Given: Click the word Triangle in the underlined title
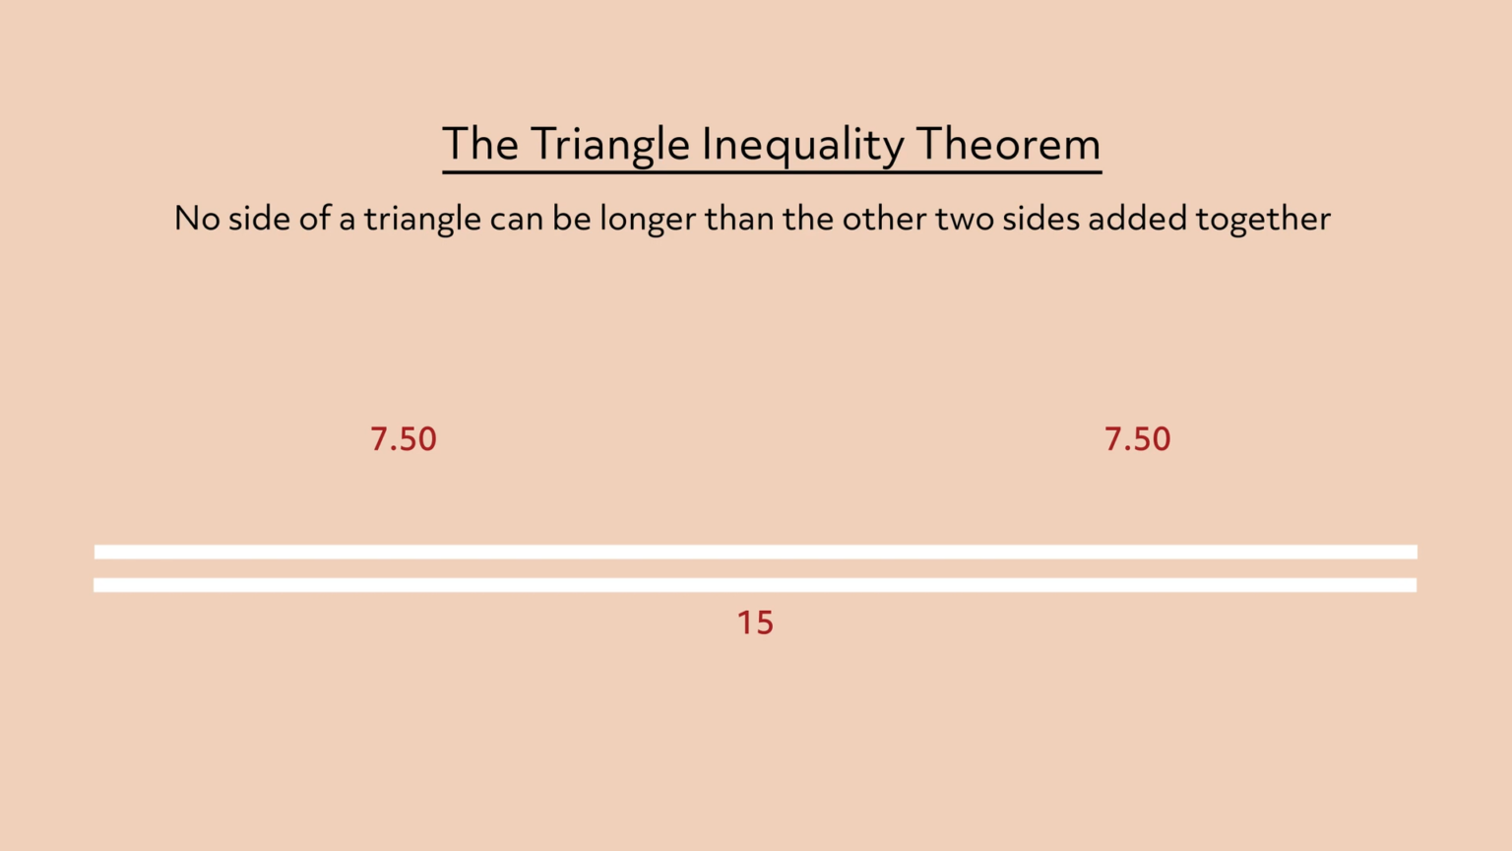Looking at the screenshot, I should tap(610, 145).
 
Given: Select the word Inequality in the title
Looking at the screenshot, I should tap(802, 145).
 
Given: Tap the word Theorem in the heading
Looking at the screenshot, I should tap(1008, 144).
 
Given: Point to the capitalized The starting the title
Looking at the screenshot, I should tap(479, 144).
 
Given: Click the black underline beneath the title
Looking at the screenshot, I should tap(772, 172).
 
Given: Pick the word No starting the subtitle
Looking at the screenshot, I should tap(196, 218).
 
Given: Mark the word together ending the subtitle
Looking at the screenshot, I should tap(1263, 219).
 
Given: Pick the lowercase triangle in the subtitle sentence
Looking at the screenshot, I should tap(422, 219).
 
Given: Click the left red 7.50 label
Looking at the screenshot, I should tap(404, 439).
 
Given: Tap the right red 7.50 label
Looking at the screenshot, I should tap(1138, 439).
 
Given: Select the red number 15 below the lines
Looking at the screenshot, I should tap(755, 622).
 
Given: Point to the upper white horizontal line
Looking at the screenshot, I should tap(756, 552).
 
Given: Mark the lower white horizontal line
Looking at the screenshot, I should tap(755, 585).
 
